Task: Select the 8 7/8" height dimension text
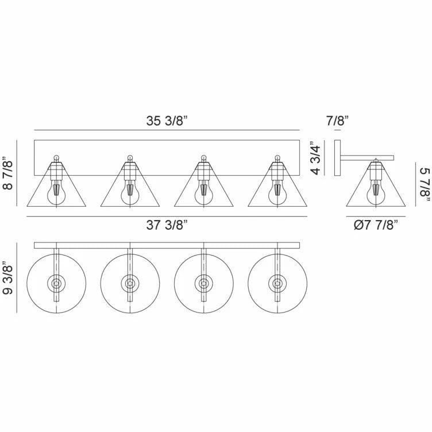[x=8, y=173]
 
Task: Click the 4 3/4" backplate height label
[x=315, y=159]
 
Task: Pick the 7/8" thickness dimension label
[x=337, y=121]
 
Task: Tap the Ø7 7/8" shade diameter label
[x=376, y=225]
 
